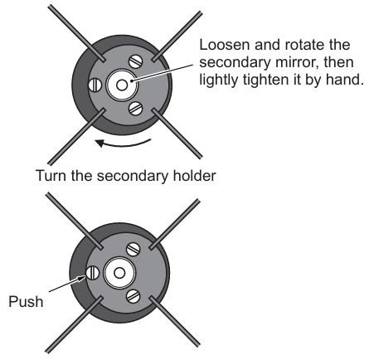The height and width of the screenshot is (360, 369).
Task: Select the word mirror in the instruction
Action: point(296,62)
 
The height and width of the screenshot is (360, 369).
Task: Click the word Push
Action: point(26,301)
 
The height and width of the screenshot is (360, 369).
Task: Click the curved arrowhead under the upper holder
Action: point(100,143)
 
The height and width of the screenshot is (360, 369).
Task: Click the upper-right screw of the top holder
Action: point(135,61)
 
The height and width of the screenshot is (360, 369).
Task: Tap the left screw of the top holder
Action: point(95,85)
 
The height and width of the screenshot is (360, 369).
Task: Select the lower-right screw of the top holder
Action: point(135,108)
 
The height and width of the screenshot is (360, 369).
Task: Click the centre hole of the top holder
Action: point(122,85)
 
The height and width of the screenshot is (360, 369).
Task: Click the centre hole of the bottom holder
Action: point(119,273)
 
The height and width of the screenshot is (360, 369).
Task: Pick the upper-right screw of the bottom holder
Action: point(134,249)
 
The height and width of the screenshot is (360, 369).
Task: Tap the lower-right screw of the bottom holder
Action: point(134,296)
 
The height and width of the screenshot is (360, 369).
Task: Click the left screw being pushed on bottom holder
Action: point(93,273)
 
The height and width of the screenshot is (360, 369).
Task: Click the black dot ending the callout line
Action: point(133,80)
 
